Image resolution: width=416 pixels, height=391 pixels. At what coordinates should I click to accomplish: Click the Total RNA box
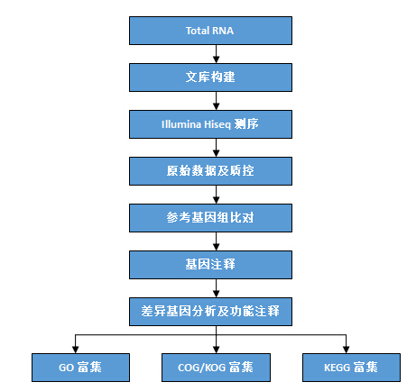(x=210, y=31)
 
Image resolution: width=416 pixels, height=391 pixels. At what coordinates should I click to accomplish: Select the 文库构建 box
(x=210, y=77)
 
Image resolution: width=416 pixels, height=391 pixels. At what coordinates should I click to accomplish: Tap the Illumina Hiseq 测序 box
(x=210, y=124)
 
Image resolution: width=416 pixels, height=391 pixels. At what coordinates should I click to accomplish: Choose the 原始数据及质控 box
(x=210, y=171)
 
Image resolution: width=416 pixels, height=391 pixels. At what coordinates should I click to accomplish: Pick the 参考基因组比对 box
(x=210, y=218)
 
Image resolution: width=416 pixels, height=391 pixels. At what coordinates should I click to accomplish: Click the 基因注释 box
(x=210, y=265)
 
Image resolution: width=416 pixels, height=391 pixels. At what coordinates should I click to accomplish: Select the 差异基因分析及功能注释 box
(x=210, y=312)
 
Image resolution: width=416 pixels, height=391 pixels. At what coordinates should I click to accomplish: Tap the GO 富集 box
(x=80, y=368)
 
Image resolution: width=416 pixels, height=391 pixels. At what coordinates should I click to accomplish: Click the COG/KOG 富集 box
(x=216, y=368)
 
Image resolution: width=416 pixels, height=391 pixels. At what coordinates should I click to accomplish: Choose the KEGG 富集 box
(x=351, y=368)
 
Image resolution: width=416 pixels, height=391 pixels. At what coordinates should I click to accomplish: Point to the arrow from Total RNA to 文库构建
(x=216, y=54)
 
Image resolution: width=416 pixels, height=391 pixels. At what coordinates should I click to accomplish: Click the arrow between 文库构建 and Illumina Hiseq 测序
(x=216, y=101)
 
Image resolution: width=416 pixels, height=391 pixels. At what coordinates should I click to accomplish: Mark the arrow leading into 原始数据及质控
(x=216, y=148)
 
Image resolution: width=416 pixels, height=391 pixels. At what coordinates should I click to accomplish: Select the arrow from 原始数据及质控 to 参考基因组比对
(x=216, y=195)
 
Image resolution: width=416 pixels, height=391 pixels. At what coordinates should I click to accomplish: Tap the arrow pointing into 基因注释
(x=216, y=241)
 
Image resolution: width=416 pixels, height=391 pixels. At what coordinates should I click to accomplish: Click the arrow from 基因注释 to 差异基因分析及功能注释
(x=216, y=288)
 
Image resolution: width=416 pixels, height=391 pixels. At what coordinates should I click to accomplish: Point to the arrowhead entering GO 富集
(x=75, y=350)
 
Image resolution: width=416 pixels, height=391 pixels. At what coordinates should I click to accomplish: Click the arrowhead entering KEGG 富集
(x=346, y=350)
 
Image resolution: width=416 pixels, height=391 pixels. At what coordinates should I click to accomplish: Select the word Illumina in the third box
(x=181, y=124)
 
